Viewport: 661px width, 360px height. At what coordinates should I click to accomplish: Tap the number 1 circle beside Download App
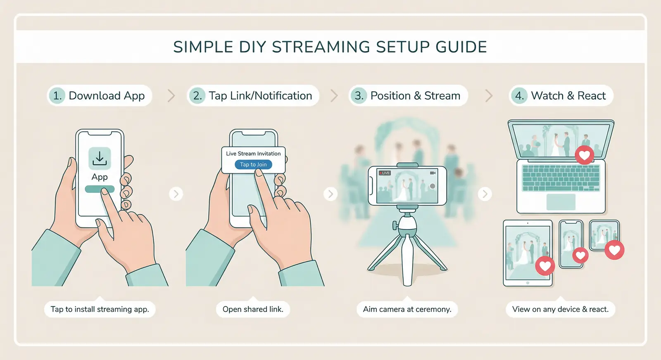(57, 96)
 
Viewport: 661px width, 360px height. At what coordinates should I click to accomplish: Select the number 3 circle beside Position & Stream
(359, 96)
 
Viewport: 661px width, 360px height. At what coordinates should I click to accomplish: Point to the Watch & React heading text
(568, 96)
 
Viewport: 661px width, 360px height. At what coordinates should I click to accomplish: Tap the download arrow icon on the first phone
(100, 159)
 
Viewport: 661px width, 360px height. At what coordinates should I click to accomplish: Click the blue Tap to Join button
(253, 164)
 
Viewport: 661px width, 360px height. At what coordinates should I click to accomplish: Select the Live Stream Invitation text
(253, 154)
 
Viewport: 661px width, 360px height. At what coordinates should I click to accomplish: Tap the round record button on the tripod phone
(432, 186)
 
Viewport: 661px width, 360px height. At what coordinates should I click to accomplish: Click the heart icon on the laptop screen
(584, 155)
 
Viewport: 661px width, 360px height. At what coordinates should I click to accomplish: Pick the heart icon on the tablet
(545, 266)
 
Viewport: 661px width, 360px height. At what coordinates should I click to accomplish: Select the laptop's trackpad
(561, 202)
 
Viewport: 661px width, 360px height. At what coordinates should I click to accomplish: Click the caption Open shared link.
(253, 309)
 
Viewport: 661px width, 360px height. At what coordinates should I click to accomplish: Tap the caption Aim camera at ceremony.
(407, 309)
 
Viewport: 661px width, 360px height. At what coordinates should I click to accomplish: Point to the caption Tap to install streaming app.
(100, 309)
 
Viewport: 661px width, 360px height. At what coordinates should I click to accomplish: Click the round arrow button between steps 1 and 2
(176, 194)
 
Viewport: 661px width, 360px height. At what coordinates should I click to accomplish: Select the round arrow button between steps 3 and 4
(485, 194)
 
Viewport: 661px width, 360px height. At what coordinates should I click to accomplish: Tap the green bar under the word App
(100, 189)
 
